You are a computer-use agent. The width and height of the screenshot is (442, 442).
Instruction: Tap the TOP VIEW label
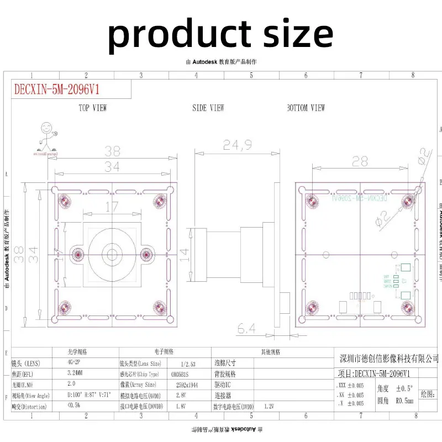point(93,108)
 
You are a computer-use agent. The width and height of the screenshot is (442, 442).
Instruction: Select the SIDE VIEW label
point(208,108)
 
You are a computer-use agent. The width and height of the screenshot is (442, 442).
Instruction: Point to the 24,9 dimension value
point(237,145)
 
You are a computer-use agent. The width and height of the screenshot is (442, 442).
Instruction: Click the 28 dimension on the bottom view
point(360,161)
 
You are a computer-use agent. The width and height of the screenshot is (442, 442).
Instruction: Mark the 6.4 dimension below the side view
point(246,330)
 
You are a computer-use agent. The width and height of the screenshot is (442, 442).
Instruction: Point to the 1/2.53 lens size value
point(187,363)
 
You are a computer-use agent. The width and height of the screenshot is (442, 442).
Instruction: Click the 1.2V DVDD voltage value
point(268,406)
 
